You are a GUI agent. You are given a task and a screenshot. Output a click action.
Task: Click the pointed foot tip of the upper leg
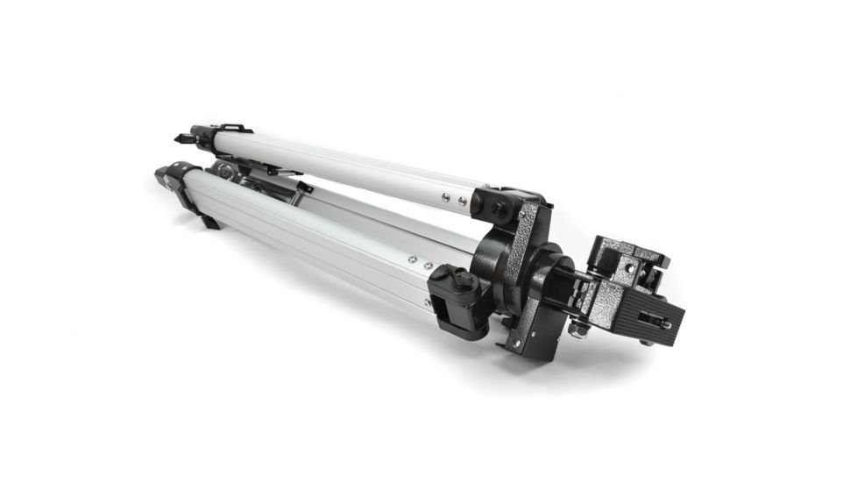pyautogui.click(x=180, y=138)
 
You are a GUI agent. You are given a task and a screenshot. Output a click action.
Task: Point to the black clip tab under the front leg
pyautogui.click(x=209, y=221)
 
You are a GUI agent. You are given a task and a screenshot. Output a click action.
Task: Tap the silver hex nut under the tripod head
pyautogui.click(x=579, y=328)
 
